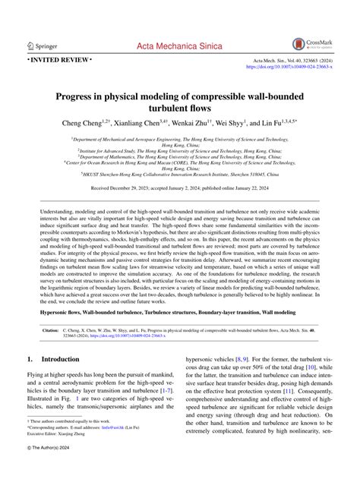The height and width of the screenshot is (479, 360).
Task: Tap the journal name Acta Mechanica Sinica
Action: [179, 46]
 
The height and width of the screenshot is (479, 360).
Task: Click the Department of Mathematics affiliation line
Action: [180, 153]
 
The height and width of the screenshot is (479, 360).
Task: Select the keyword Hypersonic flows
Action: [65, 312]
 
